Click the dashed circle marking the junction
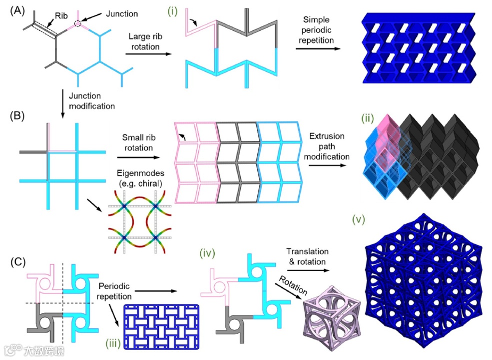click(77, 23)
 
